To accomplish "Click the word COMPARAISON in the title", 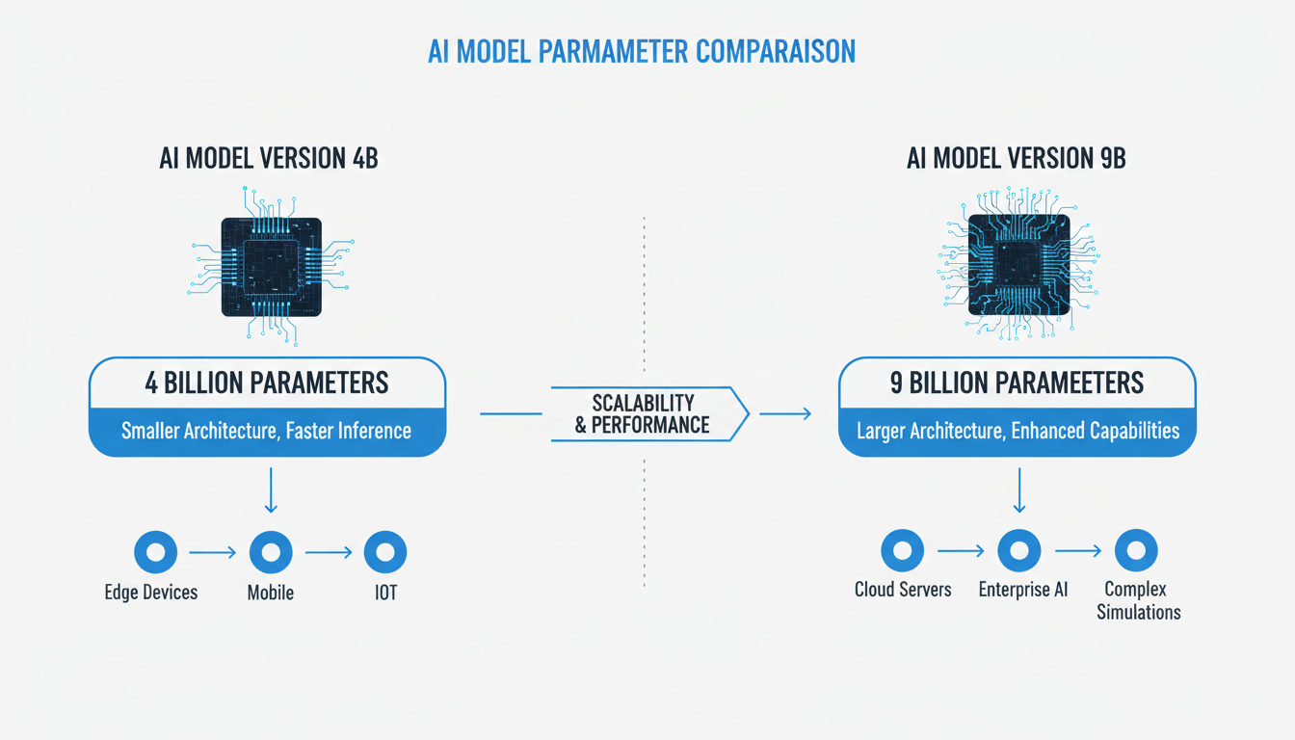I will (x=761, y=51).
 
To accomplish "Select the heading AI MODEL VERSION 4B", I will (x=269, y=158).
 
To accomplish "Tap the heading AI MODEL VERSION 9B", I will (x=1017, y=158).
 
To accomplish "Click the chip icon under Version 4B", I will (x=271, y=266).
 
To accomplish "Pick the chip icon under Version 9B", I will (x=1018, y=264).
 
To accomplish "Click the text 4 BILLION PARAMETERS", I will (x=267, y=383).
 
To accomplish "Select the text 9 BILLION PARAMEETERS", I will (x=1017, y=383).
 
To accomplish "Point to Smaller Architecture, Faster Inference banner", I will (x=267, y=431).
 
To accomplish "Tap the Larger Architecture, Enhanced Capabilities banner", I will (x=1017, y=431).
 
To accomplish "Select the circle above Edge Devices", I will (x=155, y=552).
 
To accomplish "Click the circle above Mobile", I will (x=271, y=552).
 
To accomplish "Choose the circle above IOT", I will (x=385, y=552).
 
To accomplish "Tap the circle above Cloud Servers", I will (x=903, y=550).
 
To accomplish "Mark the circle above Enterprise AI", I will (x=1019, y=550).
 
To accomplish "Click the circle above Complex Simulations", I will (x=1136, y=550).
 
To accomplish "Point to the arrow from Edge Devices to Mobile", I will (x=212, y=552).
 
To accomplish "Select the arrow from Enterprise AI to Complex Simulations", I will (x=1077, y=550).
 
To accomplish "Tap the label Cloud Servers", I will (x=903, y=589).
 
